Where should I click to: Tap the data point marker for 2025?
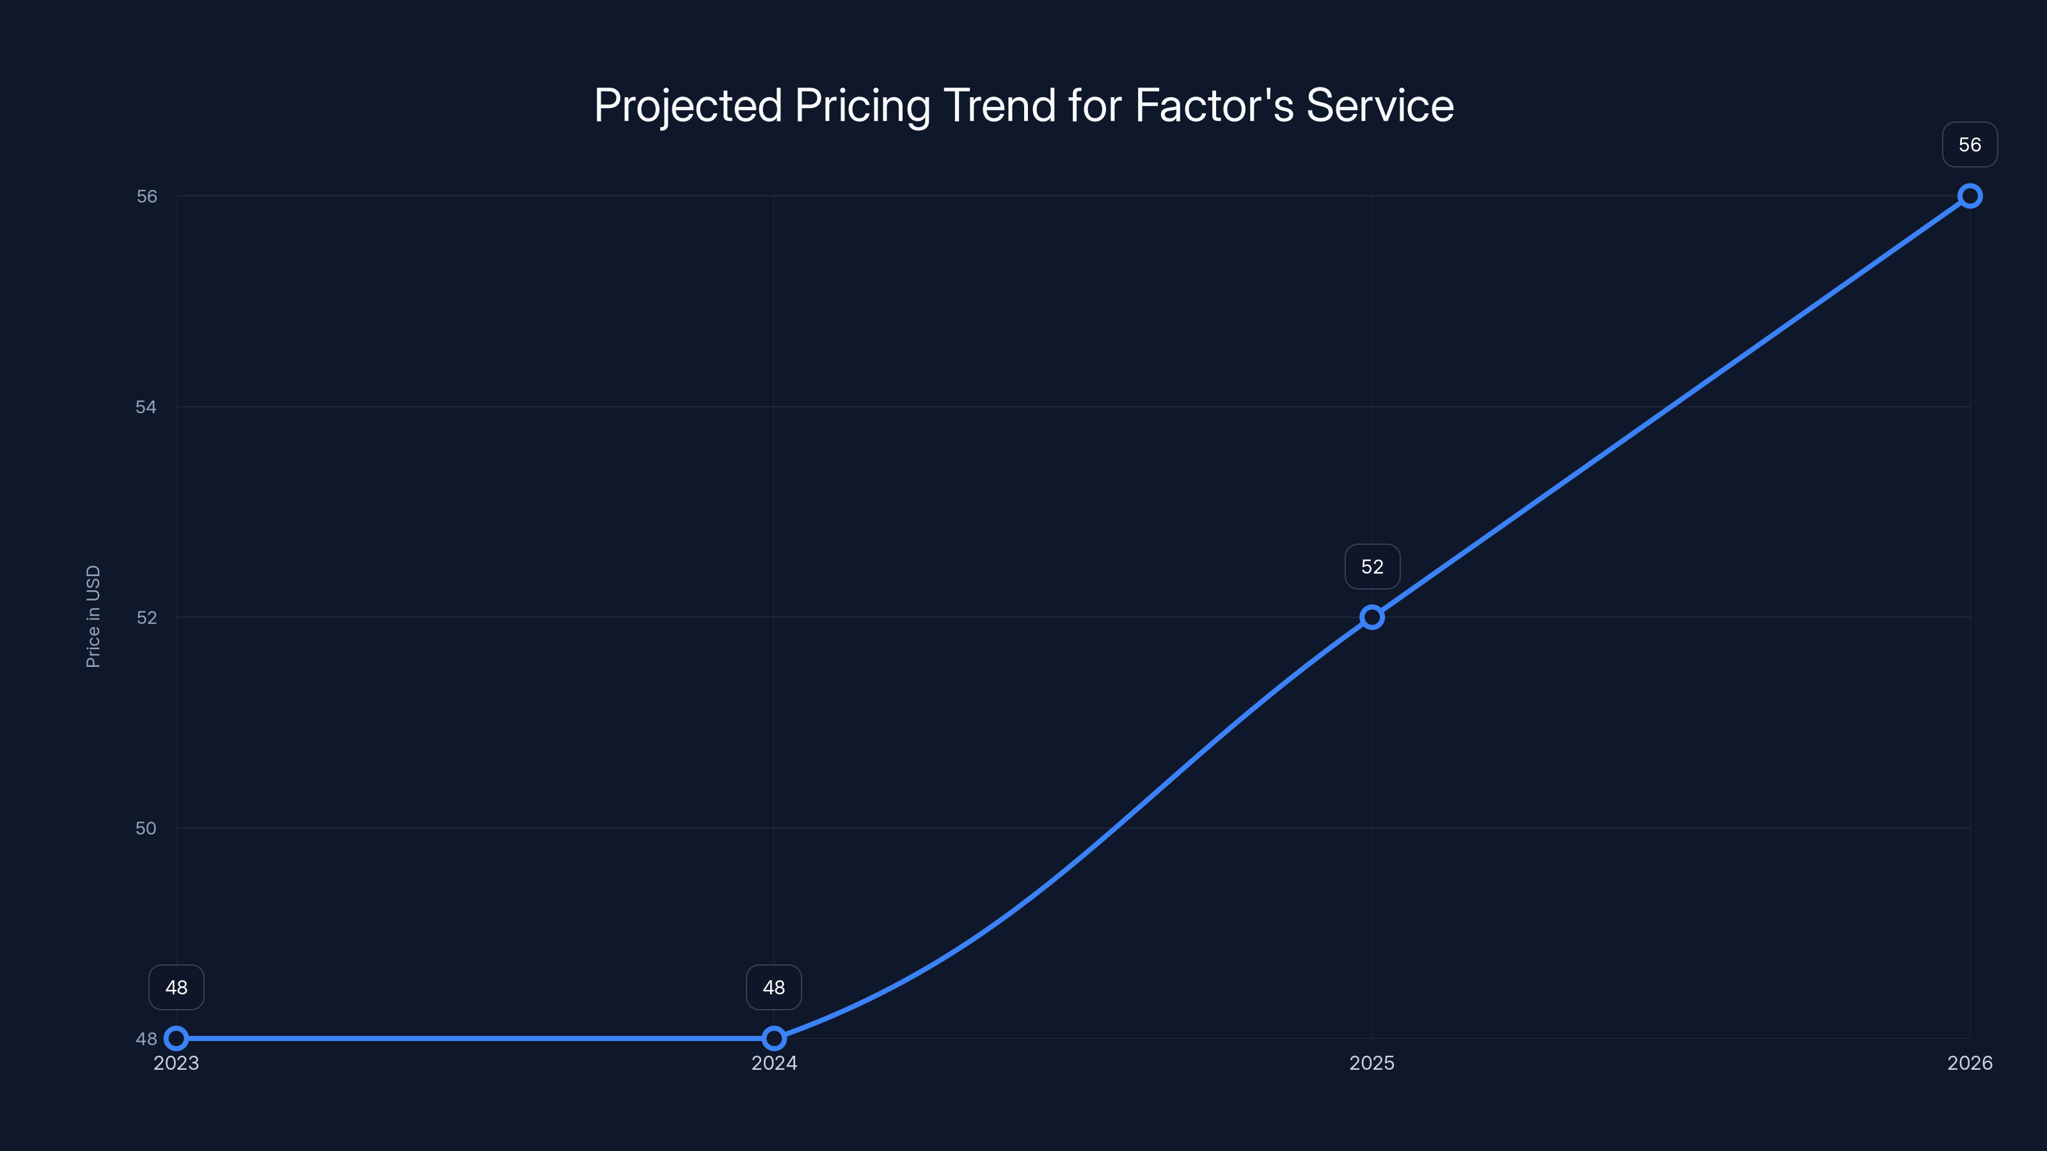(1371, 617)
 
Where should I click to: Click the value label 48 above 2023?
(177, 987)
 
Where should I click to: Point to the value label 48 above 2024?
(774, 987)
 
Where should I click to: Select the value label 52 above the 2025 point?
(1372, 567)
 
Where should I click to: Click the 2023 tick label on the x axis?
(177, 1063)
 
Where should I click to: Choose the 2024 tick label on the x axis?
(774, 1063)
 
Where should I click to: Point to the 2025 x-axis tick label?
(1371, 1063)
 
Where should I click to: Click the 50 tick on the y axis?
(146, 827)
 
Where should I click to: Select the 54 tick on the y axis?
(146, 407)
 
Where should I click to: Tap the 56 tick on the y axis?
(146, 196)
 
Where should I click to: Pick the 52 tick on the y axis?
(146, 617)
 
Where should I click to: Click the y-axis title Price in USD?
(93, 616)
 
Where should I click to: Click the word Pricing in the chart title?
(862, 106)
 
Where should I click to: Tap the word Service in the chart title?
(1380, 105)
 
